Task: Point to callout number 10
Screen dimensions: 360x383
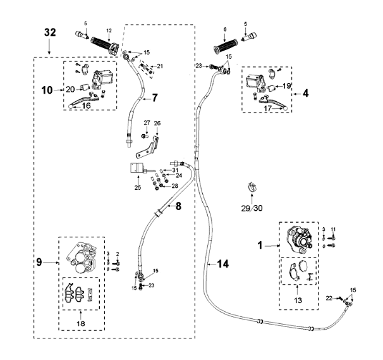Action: pyautogui.click(x=48, y=90)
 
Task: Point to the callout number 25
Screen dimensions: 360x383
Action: pyautogui.click(x=138, y=189)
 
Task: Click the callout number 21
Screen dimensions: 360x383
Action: pyautogui.click(x=160, y=66)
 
